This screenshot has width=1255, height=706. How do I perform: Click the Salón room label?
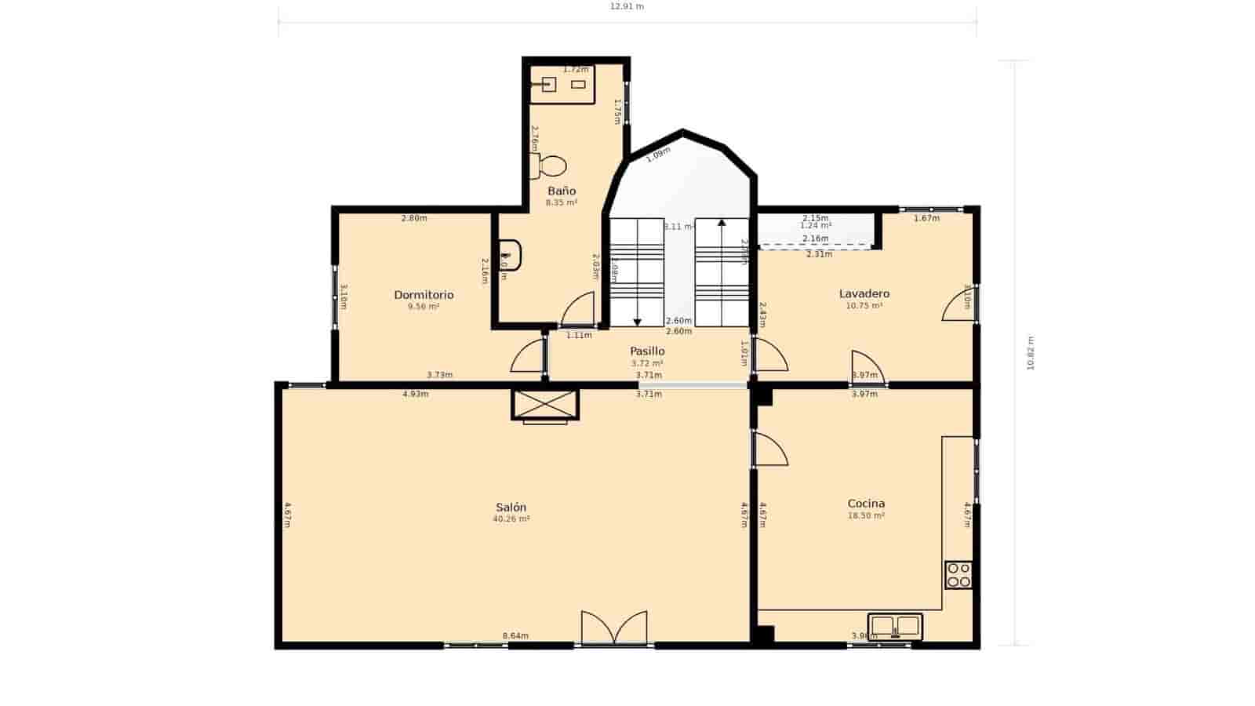coord(511,508)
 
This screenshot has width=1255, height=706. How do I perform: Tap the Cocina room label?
coord(866,504)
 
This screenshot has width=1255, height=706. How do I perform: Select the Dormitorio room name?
coord(424,295)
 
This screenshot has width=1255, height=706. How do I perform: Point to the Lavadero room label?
coord(864,294)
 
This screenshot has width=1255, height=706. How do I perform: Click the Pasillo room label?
coord(647,351)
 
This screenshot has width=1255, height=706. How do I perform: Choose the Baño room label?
coord(562,191)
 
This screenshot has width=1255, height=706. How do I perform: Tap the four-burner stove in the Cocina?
coord(959,575)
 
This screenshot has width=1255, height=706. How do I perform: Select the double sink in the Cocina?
coord(895,626)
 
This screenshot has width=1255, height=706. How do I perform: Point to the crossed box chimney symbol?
coord(544,404)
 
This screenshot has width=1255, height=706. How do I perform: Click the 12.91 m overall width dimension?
coord(627,7)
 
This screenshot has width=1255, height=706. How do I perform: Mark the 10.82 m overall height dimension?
coord(1031,353)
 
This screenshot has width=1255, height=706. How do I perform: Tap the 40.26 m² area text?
coord(511,519)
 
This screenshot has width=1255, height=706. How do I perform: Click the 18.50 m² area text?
coord(866,516)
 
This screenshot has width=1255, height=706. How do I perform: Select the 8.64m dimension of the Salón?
coord(515,636)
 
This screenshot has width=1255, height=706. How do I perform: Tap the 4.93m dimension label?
coord(415,395)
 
